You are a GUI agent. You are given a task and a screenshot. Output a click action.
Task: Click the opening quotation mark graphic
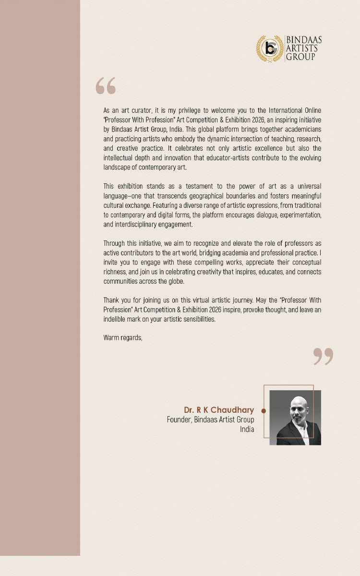point(106,86)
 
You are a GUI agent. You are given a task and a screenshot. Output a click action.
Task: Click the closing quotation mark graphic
point(323,357)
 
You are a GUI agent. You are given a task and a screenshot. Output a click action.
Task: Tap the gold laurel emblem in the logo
point(269,48)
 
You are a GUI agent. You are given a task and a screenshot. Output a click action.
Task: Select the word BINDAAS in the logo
point(303,39)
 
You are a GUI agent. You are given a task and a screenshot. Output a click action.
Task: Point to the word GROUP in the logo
point(300,57)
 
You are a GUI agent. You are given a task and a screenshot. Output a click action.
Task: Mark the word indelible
point(115,319)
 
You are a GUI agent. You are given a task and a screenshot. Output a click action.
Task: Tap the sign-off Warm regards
point(123,337)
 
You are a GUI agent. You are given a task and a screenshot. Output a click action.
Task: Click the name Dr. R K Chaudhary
point(219,410)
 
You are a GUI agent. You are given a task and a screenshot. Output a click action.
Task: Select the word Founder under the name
point(179,420)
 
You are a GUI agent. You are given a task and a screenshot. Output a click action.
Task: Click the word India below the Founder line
point(247,429)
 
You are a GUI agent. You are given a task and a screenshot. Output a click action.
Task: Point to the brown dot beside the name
point(264,411)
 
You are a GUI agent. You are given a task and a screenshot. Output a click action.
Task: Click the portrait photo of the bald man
point(295,417)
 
